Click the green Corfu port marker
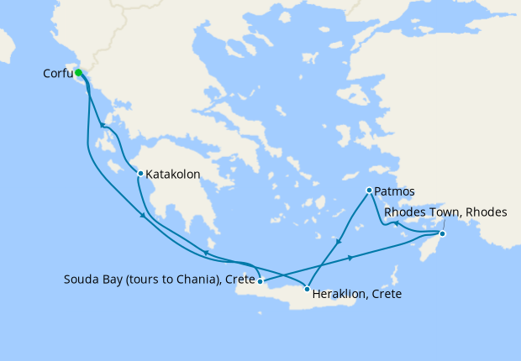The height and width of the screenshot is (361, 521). pos(78,73)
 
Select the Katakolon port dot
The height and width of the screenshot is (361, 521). pos(140,174)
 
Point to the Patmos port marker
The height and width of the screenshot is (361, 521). pos(369,191)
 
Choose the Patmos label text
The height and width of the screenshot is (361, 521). pos(394,191)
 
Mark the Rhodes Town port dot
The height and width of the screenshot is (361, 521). pos(443,233)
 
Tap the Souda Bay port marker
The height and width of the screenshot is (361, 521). pos(260,280)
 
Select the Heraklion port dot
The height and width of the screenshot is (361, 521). pos(307,289)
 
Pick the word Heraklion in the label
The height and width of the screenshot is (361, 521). pos(339,295)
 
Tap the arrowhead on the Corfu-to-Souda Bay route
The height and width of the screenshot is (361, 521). pos(144,217)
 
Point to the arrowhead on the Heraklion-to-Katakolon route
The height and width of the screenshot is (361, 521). pos(205,253)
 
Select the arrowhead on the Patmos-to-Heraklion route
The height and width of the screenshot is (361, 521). pos(338,242)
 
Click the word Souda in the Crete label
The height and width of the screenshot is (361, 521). pos(81,279)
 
